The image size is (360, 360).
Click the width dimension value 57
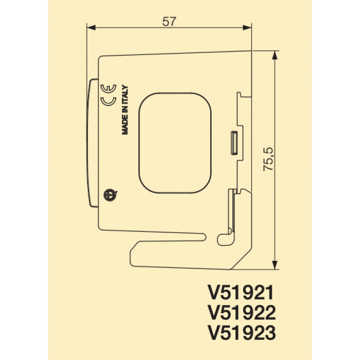click(x=169, y=21)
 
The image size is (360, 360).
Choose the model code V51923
click(x=241, y=333)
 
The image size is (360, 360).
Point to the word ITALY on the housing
click(x=126, y=95)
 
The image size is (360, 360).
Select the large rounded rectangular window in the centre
click(x=175, y=143)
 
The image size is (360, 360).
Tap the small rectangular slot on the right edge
click(x=234, y=143)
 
